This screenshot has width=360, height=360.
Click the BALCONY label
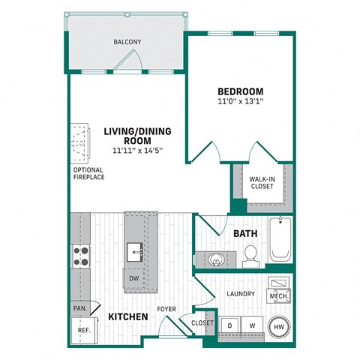click(127, 42)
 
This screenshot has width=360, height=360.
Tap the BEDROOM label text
click(240, 91)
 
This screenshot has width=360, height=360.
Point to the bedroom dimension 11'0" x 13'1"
click(240, 102)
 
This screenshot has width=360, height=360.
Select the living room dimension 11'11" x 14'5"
click(137, 151)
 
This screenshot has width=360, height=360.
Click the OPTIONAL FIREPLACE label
click(88, 173)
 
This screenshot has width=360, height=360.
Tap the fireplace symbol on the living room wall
click(79, 142)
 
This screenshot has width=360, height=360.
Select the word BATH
click(245, 234)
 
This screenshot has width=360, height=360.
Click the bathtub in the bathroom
click(280, 240)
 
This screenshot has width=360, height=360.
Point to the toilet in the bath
click(251, 255)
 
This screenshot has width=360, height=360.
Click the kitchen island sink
click(135, 250)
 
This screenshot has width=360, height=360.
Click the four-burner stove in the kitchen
click(80, 256)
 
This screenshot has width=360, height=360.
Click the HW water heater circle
click(278, 327)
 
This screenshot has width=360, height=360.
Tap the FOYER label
click(166, 308)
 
